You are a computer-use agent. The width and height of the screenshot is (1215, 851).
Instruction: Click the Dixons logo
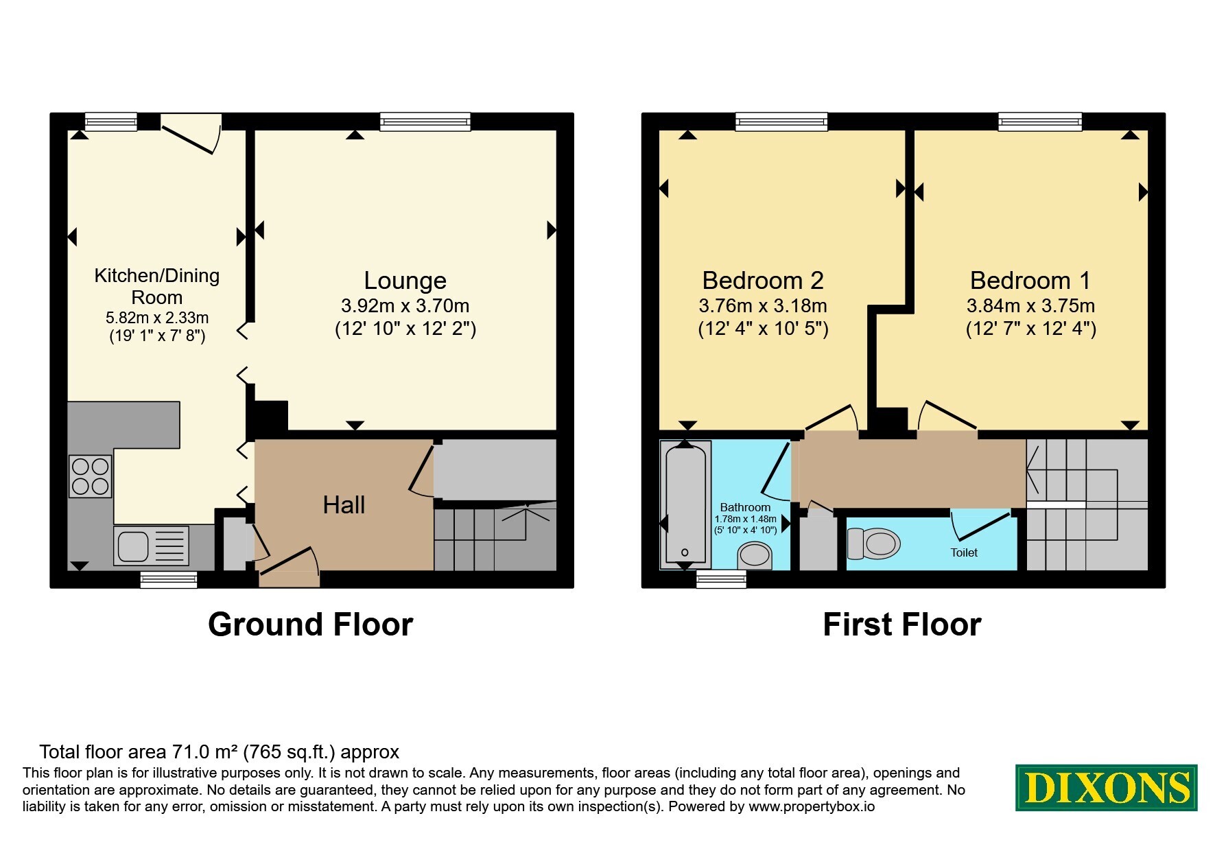tap(1106, 787)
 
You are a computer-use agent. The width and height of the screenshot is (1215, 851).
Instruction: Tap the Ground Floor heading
tap(311, 625)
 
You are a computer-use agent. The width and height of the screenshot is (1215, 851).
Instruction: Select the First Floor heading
tap(902, 625)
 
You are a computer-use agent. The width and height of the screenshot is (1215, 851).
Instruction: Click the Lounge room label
tap(405, 280)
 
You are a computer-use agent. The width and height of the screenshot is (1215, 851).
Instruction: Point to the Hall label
tap(344, 505)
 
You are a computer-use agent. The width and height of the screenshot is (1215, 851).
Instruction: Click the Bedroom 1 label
tap(1030, 280)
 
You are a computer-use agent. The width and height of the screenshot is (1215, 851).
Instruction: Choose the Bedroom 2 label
tap(763, 280)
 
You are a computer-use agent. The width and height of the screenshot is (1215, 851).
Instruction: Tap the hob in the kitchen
tap(91, 476)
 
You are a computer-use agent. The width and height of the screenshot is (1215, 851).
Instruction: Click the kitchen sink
tap(152, 546)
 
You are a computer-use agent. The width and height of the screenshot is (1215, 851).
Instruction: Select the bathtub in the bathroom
tap(684, 505)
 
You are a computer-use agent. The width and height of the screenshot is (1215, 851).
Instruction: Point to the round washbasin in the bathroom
tap(755, 555)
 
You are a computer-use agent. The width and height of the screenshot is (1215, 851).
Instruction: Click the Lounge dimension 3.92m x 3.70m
tap(405, 306)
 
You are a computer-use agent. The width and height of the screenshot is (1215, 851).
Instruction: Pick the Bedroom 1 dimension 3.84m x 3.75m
tap(1030, 306)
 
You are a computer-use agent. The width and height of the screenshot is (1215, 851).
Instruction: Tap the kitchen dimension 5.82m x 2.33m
tap(157, 318)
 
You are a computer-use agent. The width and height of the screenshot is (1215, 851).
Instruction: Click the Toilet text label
tap(964, 552)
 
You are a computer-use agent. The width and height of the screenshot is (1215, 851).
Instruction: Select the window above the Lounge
tap(425, 122)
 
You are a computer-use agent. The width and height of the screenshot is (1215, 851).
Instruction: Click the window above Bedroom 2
tap(781, 122)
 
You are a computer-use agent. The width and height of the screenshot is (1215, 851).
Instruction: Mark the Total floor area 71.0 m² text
tap(220, 752)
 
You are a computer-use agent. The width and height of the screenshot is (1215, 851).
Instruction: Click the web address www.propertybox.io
tap(812, 807)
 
